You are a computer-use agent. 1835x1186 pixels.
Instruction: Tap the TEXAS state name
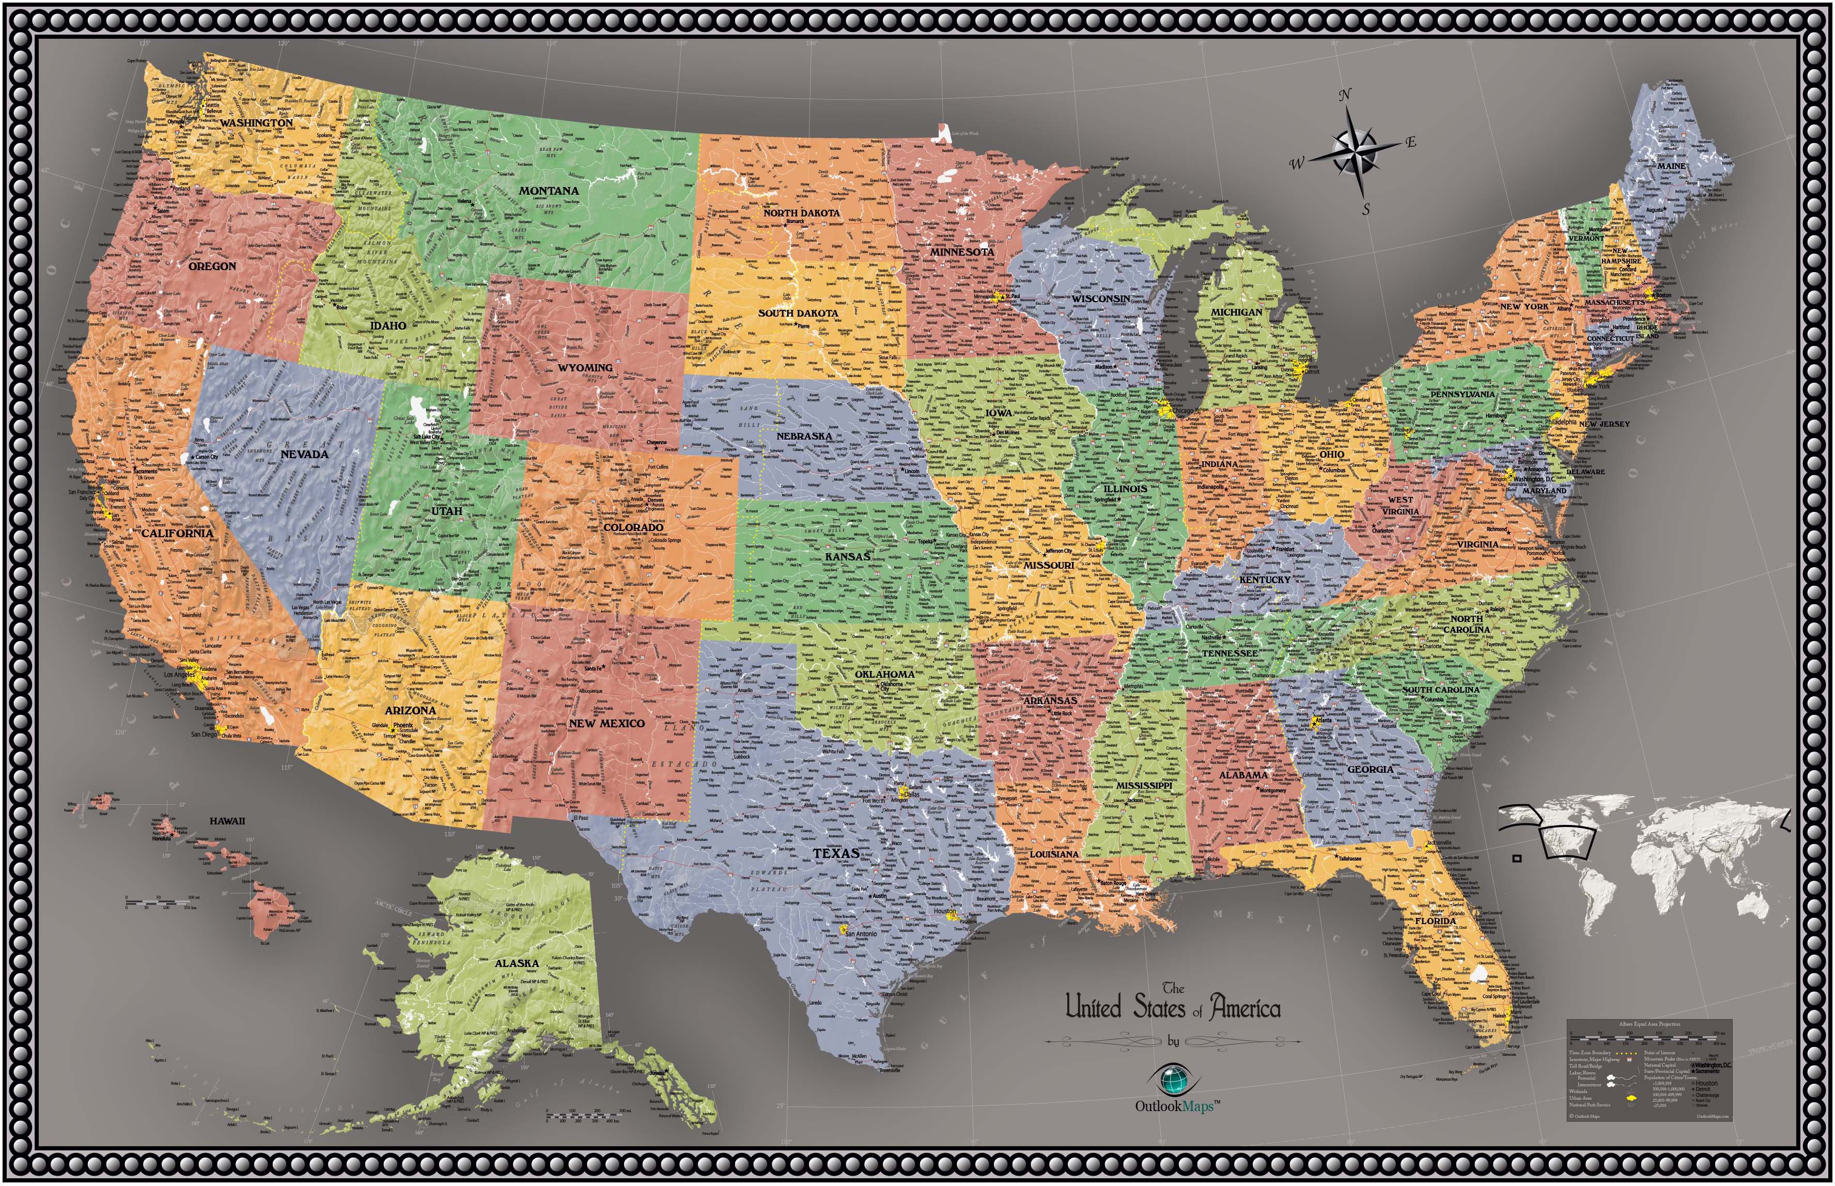[835, 852]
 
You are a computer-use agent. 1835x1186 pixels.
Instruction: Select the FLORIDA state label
[1435, 921]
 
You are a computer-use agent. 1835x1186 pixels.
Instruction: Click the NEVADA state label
[304, 455]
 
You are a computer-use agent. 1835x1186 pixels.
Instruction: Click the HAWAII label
[227, 821]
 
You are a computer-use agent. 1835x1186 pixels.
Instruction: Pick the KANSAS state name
[847, 556]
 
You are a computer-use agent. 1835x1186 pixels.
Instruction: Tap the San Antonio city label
[859, 934]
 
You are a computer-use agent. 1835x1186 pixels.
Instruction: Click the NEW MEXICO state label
[606, 724]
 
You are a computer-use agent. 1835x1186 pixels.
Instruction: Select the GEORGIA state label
[1370, 769]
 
